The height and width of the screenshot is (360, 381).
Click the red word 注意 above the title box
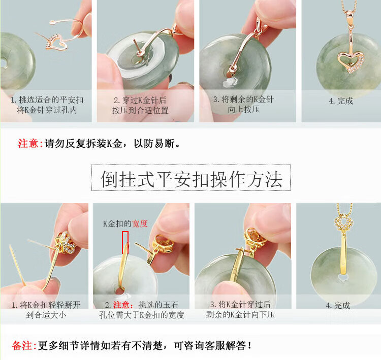pos(28,143)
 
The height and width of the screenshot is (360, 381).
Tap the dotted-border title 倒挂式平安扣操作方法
pos(191,179)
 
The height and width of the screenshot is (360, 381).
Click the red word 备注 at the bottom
pos(22,345)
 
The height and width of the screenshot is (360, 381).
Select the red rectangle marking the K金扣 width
pos(125,242)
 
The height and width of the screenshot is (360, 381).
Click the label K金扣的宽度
pos(125,223)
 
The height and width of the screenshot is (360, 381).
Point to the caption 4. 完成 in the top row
pos(341,101)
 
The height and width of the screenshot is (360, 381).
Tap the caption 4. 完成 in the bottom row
pos(338,305)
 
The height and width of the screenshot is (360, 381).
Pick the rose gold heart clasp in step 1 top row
pos(55,42)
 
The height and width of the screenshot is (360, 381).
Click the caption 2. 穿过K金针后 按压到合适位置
pos(140,105)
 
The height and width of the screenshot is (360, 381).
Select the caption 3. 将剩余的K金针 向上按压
pos(243,104)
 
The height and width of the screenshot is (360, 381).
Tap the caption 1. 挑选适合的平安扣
pos(47,100)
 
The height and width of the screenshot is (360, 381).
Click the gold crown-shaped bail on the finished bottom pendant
pos(343,222)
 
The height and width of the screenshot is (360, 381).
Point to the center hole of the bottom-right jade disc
pos(342,277)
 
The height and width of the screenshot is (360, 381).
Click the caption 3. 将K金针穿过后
pos(240,304)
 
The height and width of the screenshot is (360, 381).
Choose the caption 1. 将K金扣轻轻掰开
pos(46,305)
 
